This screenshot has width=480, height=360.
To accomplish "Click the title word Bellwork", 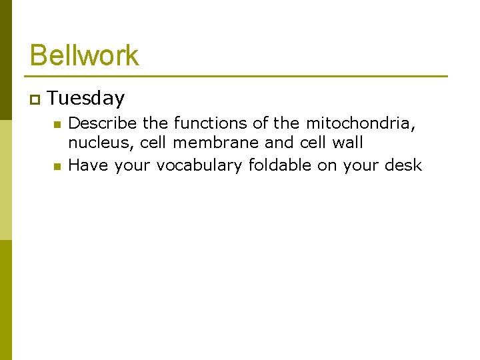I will click(85, 55).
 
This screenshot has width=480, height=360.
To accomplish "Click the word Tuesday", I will click(86, 99).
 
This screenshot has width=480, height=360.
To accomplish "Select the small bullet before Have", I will click(57, 166).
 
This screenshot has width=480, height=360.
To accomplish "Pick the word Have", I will click(89, 165).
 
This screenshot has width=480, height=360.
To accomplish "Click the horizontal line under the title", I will click(238, 76).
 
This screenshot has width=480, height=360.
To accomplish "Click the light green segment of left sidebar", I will click(5, 180).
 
